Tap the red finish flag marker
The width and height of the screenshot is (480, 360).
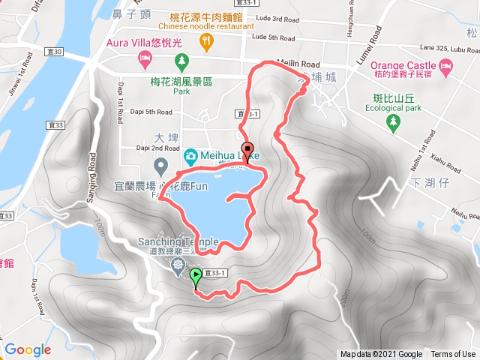pos(247,148)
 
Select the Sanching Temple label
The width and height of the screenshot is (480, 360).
pos(178,242)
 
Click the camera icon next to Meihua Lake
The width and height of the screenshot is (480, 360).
pos(190,156)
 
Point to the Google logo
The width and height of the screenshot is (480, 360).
pos(28,349)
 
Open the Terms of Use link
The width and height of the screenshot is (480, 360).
pos(453,355)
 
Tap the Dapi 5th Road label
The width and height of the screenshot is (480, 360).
pos(147,112)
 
